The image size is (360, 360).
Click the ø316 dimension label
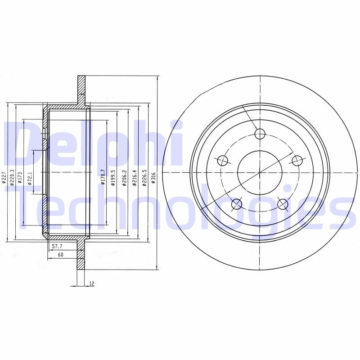153,177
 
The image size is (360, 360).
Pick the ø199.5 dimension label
113,177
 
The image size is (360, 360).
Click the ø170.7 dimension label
103,177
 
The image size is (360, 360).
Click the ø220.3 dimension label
12,177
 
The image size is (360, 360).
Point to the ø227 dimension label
4,177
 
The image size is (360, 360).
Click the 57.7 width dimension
57,247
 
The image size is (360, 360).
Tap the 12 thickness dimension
92,283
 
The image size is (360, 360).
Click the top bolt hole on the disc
260,133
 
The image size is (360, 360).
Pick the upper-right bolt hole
297,160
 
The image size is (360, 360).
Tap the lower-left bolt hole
237,205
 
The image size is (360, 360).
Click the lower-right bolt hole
283,205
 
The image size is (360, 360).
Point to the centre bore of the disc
260,173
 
